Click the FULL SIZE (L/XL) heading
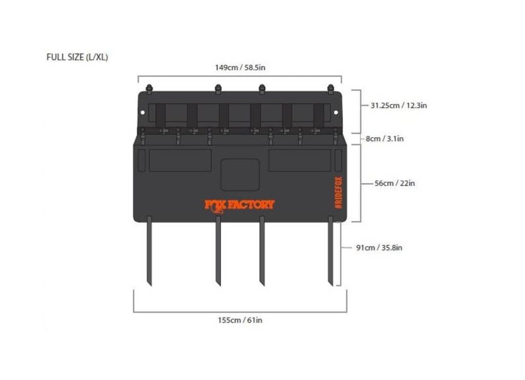[x=77, y=57]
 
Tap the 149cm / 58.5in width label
[x=240, y=68]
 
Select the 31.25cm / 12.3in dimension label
[x=398, y=105]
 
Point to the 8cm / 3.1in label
[x=385, y=138]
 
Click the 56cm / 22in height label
[x=394, y=183]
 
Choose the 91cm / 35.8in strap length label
[x=379, y=248]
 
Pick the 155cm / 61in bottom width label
[x=240, y=320]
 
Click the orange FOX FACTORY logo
[x=239, y=205]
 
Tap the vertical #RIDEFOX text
[x=338, y=193]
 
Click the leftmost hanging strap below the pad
[x=149, y=251]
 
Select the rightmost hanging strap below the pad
[x=331, y=251]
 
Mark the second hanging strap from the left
[x=218, y=251]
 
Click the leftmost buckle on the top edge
[x=149, y=89]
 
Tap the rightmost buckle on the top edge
[x=331, y=89]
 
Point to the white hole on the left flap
[x=143, y=113]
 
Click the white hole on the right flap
[x=336, y=113]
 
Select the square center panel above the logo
[x=240, y=175]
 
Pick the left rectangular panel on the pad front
[x=180, y=161]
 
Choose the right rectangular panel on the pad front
[x=299, y=161]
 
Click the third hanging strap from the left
[x=262, y=251]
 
